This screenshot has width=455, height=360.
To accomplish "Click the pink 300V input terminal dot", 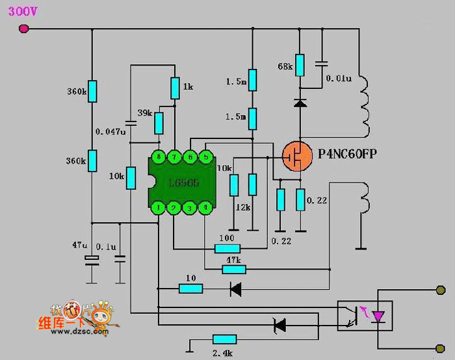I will click(x=24, y=29).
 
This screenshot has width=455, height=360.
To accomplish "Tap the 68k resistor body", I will click(x=300, y=64).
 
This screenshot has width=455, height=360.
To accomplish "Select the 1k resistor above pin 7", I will click(x=175, y=87).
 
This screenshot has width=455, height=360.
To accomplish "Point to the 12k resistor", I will click(x=252, y=185).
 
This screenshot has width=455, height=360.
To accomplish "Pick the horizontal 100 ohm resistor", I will click(x=227, y=248).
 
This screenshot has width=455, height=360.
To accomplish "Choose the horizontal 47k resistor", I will click(x=233, y=267).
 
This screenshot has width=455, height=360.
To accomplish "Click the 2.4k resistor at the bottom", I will click(x=224, y=339).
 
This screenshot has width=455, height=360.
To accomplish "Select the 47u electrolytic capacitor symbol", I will click(x=92, y=260).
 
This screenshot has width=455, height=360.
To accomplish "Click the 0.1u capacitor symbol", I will click(x=120, y=259).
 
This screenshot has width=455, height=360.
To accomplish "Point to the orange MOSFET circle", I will click(x=296, y=157).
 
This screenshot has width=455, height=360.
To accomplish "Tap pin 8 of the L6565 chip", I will click(x=159, y=157).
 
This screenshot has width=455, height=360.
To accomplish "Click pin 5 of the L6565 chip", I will click(x=205, y=157).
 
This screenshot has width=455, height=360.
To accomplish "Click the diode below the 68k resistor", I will click(x=300, y=103).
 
